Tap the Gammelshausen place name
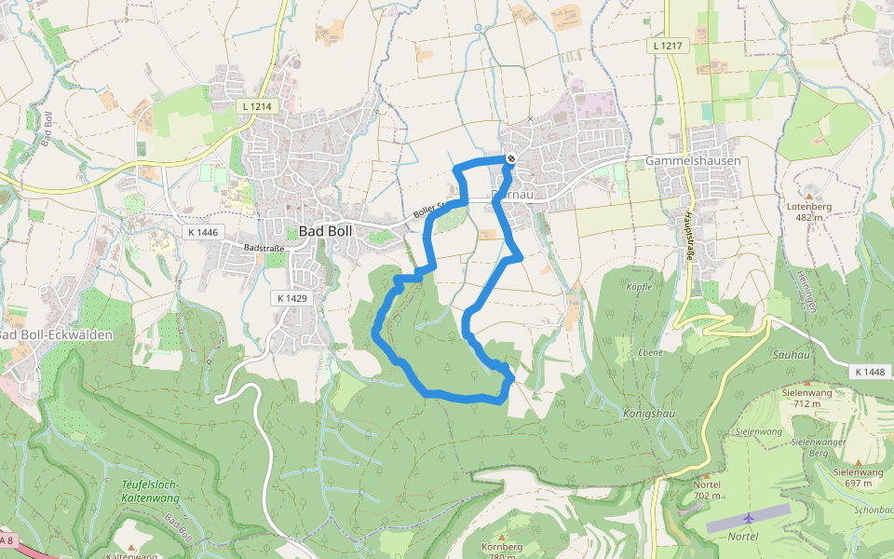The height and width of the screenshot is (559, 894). tap(693, 161)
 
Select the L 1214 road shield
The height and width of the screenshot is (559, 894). tap(256, 107)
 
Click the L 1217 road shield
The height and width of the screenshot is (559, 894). tap(670, 45)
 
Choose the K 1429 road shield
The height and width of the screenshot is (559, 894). tap(291, 298)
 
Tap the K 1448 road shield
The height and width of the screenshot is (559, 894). tap(869, 372)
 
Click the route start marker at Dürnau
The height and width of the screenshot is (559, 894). tap(510, 159)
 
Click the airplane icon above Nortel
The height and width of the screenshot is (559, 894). tap(750, 518)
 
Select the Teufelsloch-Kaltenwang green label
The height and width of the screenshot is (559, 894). tap(149, 491)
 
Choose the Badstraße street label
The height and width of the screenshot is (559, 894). tap(263, 249)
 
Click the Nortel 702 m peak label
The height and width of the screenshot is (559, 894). tap(708, 490)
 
